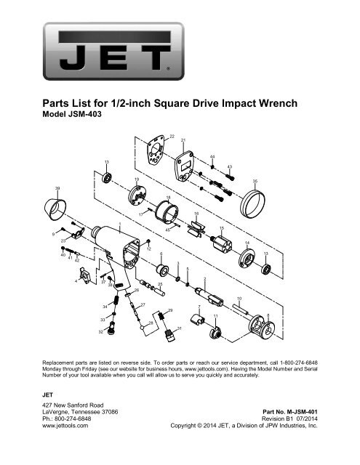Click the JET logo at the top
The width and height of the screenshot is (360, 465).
click(113, 52)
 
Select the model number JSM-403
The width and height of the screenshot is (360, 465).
click(85, 114)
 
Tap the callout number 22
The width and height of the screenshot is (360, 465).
click(172, 137)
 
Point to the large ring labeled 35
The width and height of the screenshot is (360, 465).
click(252, 203)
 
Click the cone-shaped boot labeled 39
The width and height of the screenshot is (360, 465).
click(55, 209)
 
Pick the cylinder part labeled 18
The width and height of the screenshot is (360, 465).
click(167, 211)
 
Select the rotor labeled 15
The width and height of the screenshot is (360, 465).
click(221, 244)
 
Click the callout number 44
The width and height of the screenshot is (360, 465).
click(212, 157)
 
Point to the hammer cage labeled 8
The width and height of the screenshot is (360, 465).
click(261, 327)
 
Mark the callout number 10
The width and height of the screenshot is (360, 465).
click(239, 299)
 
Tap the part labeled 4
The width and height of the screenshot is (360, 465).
click(86, 275)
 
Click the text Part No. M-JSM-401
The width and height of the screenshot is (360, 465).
click(290, 412)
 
